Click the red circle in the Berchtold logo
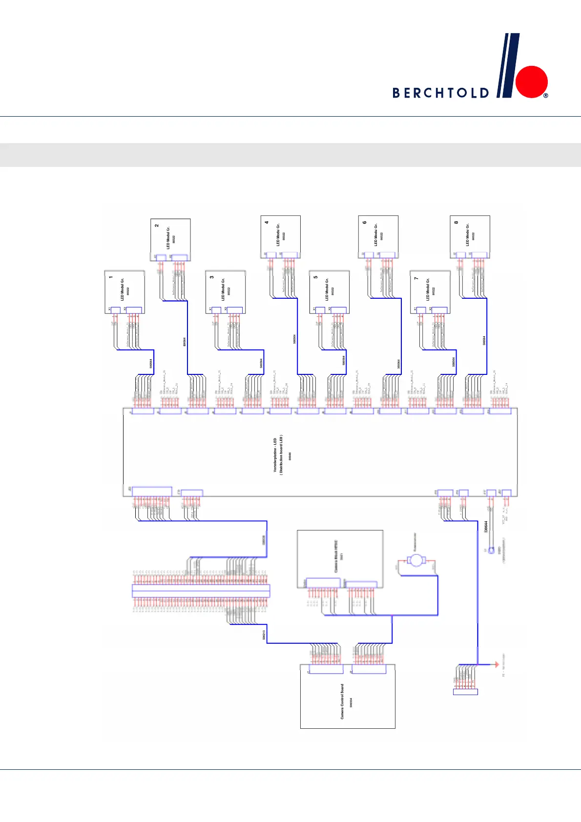tap(532, 82)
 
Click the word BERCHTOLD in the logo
tap(440, 93)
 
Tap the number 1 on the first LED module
tap(111, 277)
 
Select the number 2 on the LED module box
tap(157, 226)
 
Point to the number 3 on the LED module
tap(212, 277)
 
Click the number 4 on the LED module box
tap(267, 222)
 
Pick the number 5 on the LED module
tap(315, 277)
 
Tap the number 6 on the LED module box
tap(364, 222)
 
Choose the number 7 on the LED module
tap(416, 278)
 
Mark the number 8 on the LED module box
tap(456, 222)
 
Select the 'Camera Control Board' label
tap(342, 701)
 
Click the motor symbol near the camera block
tap(416, 560)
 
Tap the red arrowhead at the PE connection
tap(492, 664)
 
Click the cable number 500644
tap(486, 527)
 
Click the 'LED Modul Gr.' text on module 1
tap(122, 288)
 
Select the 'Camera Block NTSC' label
tap(336, 556)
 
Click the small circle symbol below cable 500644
tap(492, 550)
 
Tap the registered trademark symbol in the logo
tap(545, 96)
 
